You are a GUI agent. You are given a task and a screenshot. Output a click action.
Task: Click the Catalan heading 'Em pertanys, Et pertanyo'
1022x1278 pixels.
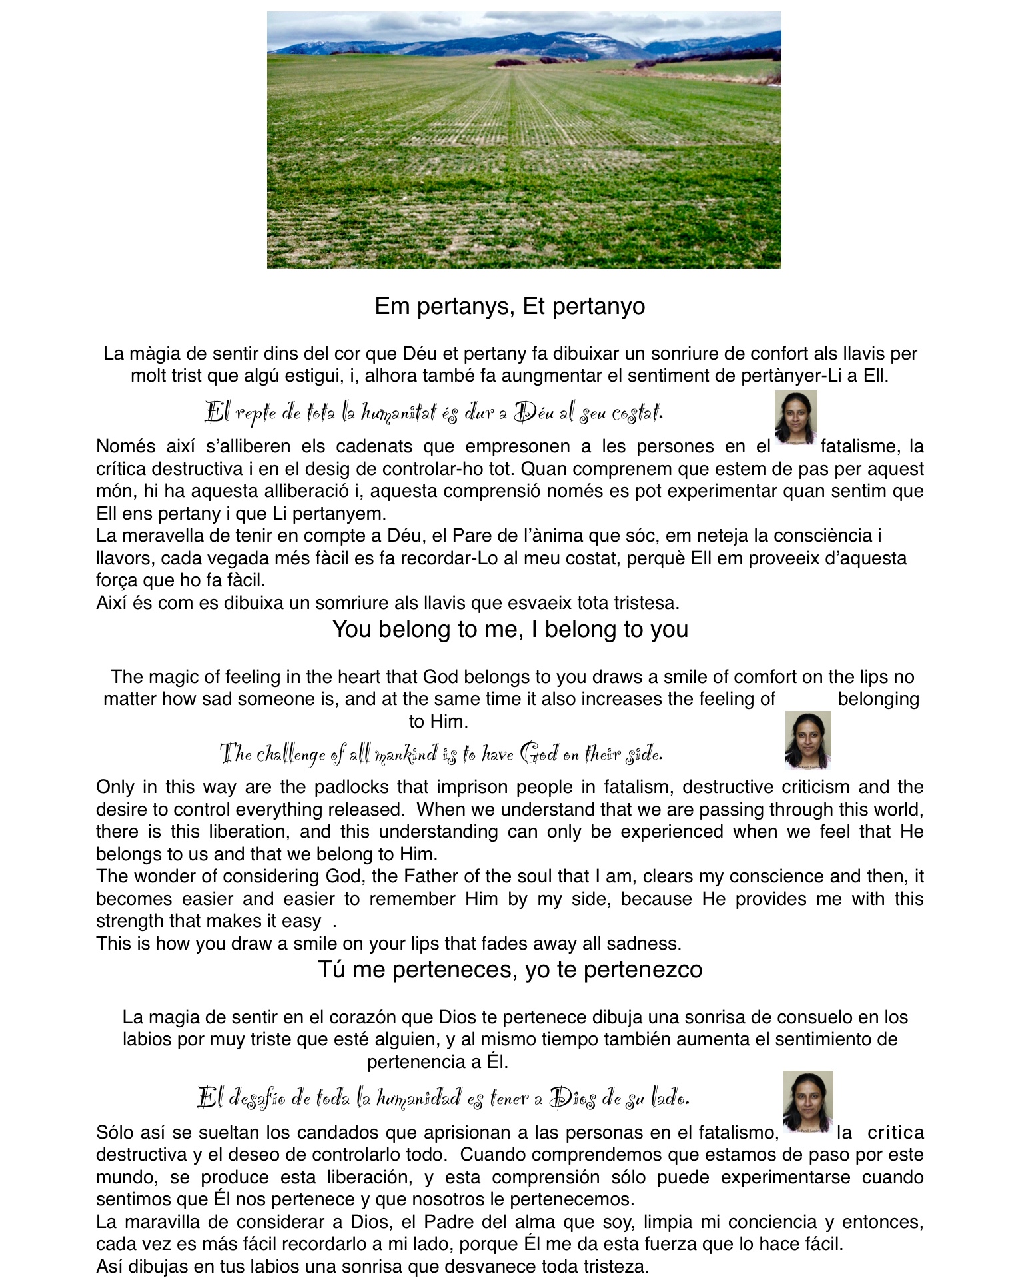(x=510, y=306)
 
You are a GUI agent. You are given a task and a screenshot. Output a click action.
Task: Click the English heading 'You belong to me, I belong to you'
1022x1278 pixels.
(x=510, y=629)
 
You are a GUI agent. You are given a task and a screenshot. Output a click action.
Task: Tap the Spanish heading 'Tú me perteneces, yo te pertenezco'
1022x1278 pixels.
(x=510, y=969)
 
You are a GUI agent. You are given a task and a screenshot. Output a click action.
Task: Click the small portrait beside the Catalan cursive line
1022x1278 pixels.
(x=795, y=417)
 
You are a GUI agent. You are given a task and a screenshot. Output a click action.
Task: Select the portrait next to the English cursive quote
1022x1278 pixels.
(x=807, y=740)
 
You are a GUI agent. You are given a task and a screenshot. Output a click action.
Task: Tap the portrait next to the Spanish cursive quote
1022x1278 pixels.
(x=807, y=1101)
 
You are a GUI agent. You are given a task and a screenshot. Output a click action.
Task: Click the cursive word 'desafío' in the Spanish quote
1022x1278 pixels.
(x=256, y=1097)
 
